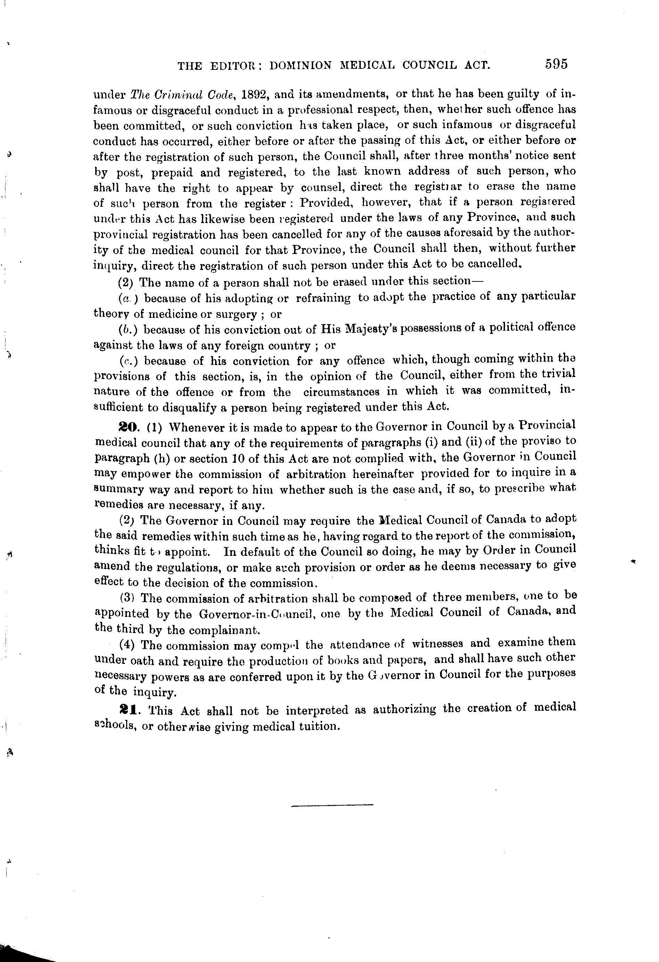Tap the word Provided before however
[x=326, y=203]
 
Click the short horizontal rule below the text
[x=332, y=805]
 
